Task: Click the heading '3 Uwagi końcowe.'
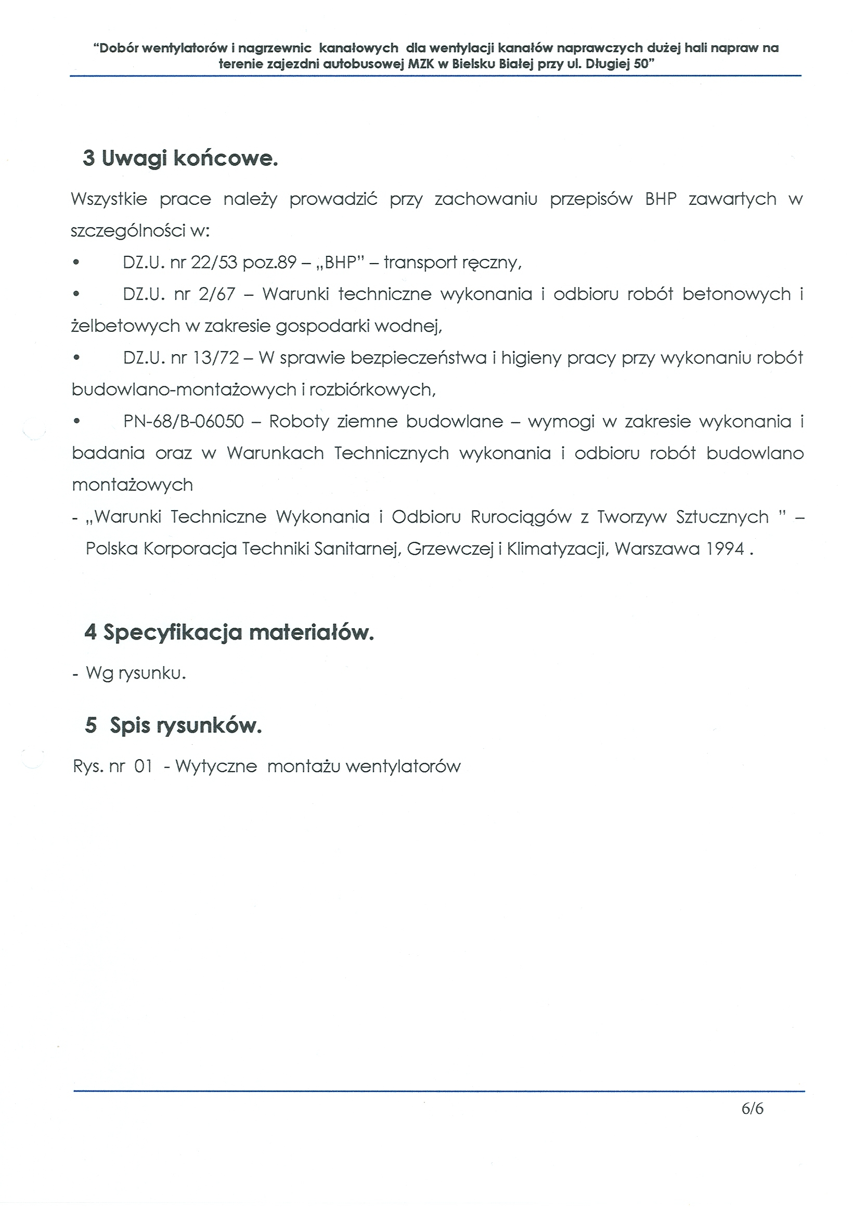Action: click(180, 158)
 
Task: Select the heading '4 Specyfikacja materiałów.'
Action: click(229, 632)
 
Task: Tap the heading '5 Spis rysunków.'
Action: click(173, 725)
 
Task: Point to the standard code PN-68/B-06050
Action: click(184, 421)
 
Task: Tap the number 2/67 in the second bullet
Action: click(217, 294)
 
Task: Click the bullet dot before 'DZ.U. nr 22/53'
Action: click(76, 262)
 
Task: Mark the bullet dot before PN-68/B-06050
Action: click(77, 421)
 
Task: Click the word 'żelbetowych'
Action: click(126, 326)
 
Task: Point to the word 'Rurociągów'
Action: click(521, 517)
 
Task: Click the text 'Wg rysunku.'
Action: click(136, 673)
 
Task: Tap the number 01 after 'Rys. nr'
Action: click(143, 767)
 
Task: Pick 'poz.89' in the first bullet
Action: click(269, 262)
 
